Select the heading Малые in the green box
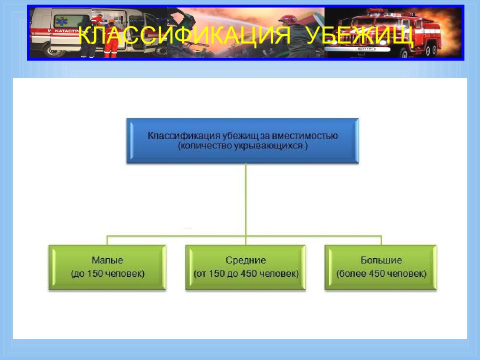pos(107,260)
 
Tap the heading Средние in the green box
pos(245,260)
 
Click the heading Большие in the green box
pos(381,260)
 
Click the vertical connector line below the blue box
pos(245,200)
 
